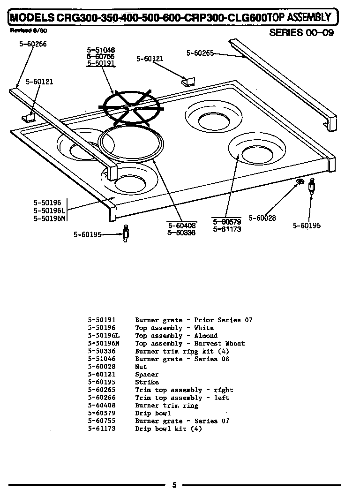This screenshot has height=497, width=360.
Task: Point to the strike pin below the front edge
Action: [x=126, y=233]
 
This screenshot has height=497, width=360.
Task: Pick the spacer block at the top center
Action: [x=186, y=82]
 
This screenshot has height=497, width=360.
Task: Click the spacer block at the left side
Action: [x=30, y=116]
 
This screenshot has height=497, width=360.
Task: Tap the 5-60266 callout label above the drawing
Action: [x=33, y=44]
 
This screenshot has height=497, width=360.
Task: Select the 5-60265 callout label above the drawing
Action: [x=200, y=53]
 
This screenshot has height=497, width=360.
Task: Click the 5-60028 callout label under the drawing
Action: [x=262, y=218]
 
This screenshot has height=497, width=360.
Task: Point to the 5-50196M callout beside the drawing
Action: [x=50, y=218]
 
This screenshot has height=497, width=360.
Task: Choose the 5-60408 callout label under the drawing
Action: [x=181, y=226]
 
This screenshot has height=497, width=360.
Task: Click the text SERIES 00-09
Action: [x=301, y=33]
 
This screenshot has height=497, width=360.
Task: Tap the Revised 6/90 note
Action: [x=28, y=30]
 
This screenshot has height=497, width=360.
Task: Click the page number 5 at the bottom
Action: [x=174, y=485]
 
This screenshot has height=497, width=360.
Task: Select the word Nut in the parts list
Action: [x=141, y=367]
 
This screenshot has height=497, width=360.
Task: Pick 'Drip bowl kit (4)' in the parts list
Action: [x=168, y=429]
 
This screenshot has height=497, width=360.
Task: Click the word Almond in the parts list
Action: [x=206, y=336]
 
